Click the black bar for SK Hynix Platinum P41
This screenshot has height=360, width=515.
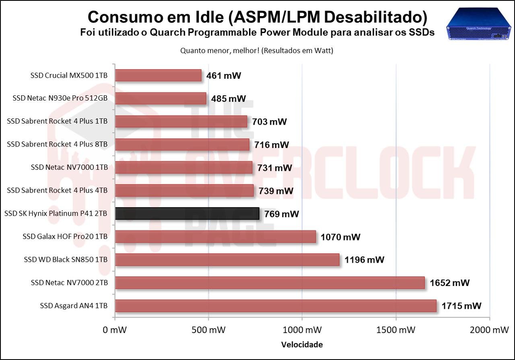click(x=187, y=214)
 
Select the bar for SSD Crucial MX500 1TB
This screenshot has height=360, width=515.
click(x=158, y=75)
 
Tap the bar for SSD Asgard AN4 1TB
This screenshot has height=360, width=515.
click(x=276, y=306)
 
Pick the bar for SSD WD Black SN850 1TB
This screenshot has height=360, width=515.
click(x=227, y=260)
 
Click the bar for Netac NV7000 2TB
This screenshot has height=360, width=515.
click(x=270, y=283)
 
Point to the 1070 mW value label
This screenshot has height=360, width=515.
click(x=340, y=237)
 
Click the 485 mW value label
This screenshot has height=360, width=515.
click(x=228, y=99)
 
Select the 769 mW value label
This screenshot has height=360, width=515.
click(x=281, y=214)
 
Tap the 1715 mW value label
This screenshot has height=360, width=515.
click(x=461, y=306)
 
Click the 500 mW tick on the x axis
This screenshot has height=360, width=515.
click(x=208, y=319)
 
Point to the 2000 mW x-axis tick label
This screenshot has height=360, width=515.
click(x=489, y=330)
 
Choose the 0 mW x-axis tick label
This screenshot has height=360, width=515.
click(x=115, y=330)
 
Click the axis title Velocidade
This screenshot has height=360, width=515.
click(x=302, y=345)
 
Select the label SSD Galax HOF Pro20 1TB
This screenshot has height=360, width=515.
click(x=65, y=237)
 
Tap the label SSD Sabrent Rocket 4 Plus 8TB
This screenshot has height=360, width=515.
click(x=57, y=144)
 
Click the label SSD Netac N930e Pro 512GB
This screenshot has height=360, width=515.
click(x=60, y=98)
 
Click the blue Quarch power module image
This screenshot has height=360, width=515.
click(x=479, y=24)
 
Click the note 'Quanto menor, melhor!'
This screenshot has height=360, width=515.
click(x=220, y=51)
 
